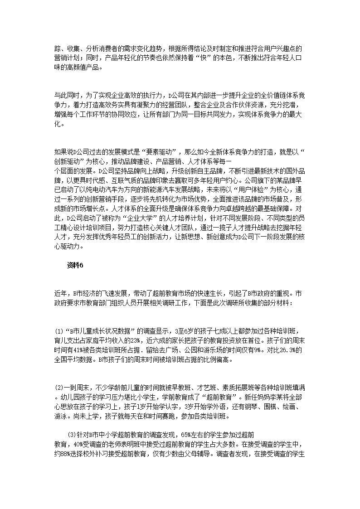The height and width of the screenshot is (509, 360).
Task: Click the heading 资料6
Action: [75, 266]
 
